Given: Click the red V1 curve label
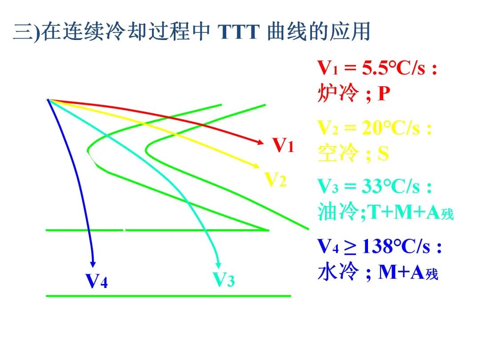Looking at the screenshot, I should coord(283,145).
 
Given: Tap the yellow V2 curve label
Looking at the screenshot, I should coord(275,180).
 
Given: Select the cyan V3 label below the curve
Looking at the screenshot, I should coord(224,280).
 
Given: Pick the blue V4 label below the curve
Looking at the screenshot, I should coord(96,281).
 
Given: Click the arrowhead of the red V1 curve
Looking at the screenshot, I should coord(261,142).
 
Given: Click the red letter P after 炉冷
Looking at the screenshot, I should coord(384,94).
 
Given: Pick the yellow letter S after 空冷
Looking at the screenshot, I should coord(383,154).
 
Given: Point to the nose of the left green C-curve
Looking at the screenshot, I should coord(88,150).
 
